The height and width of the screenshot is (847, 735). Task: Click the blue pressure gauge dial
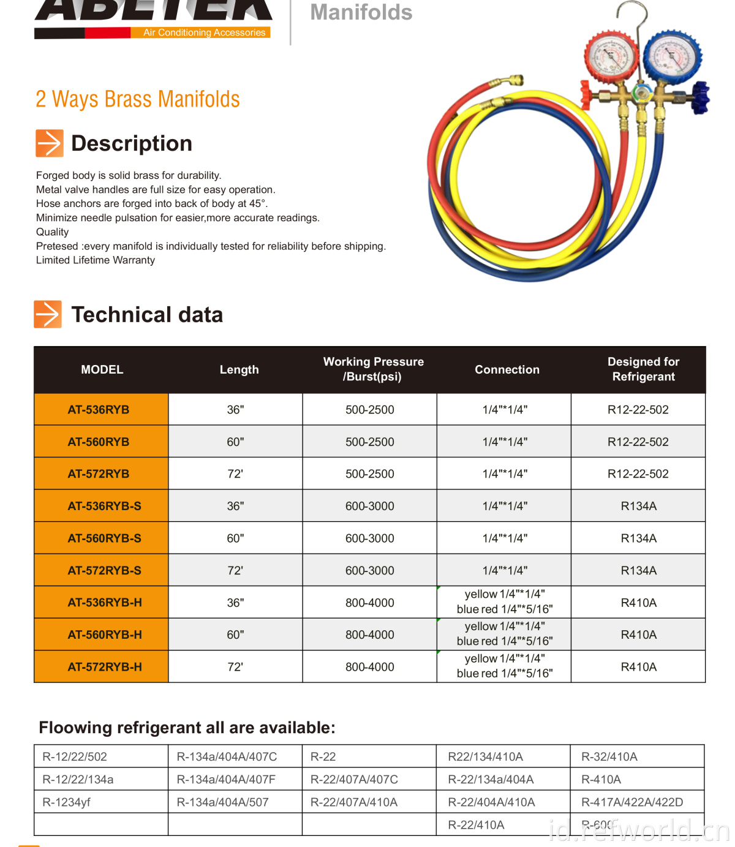tap(672, 56)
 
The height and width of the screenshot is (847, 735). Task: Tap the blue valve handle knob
tap(699, 98)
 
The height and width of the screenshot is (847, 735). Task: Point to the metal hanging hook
tap(637, 24)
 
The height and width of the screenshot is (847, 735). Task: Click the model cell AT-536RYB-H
tap(104, 603)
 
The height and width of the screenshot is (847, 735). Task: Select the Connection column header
tap(507, 369)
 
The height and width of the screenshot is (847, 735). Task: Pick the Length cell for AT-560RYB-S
tap(235, 538)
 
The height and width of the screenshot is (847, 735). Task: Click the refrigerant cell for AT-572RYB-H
tap(638, 667)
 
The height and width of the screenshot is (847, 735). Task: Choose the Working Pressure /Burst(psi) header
tap(373, 369)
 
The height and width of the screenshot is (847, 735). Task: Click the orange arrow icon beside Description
tap(49, 143)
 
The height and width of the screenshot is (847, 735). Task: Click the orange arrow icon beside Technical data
tap(48, 314)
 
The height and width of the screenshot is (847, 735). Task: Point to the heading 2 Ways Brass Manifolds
tap(138, 99)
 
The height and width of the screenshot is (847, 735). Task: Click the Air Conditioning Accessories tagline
tap(204, 32)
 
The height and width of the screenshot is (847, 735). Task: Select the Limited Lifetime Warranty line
tap(96, 260)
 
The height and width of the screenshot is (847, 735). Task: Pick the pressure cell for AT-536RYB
tap(369, 410)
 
